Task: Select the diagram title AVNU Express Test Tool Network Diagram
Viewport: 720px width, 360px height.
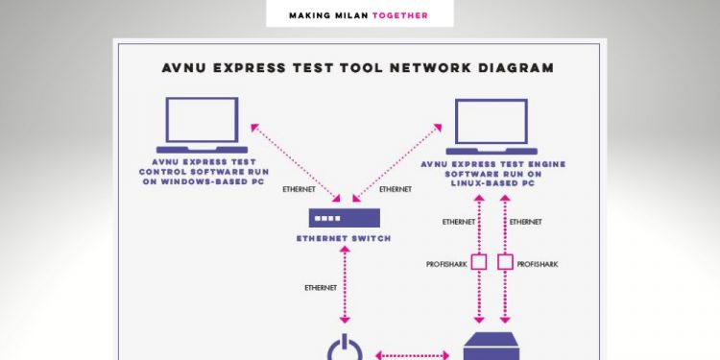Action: [x=359, y=67]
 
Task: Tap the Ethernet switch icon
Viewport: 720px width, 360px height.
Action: [x=343, y=218]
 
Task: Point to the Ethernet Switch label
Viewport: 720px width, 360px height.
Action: [x=343, y=238]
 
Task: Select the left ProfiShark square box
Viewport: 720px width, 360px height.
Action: [x=478, y=262]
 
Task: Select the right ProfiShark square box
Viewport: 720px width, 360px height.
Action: [x=506, y=262]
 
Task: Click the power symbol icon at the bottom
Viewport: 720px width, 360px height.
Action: [x=343, y=348]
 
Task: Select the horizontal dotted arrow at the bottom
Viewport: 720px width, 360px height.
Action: [x=411, y=355]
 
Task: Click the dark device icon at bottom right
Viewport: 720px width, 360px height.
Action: [x=492, y=348]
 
